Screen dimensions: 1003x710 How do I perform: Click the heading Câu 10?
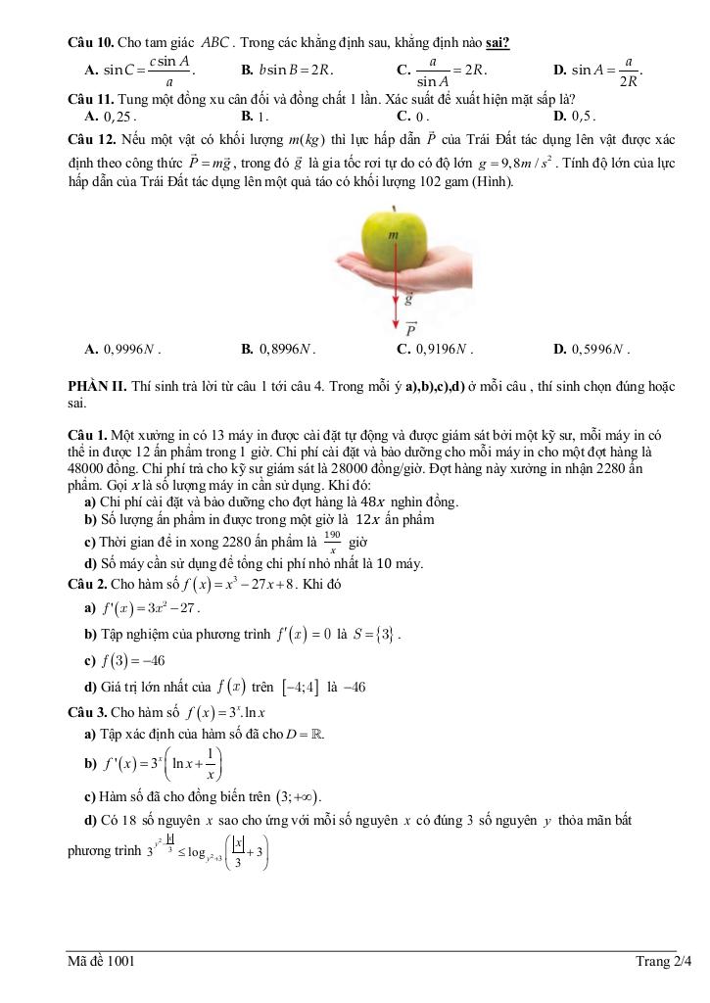(91, 43)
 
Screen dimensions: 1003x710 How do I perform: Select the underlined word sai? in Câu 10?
(497, 43)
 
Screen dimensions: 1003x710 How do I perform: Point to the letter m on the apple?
(394, 235)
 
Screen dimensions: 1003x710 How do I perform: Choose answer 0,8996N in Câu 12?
(278, 348)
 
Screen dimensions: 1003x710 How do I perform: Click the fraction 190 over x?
(332, 543)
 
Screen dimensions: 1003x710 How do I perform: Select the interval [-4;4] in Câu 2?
(300, 687)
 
